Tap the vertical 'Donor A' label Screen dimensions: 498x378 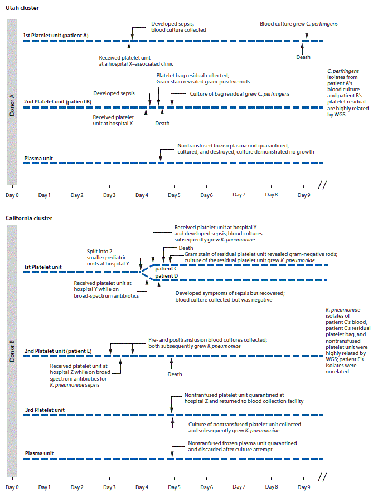click(x=12, y=102)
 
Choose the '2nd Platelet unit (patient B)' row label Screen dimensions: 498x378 click(x=57, y=102)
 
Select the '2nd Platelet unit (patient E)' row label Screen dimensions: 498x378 click(x=57, y=351)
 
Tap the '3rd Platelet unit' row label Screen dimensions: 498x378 click(x=45, y=410)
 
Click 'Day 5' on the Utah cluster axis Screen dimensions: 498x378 click(x=174, y=195)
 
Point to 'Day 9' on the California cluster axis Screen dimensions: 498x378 click(x=303, y=487)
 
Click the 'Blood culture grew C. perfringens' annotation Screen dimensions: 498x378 click(x=298, y=24)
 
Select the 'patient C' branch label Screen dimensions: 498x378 click(x=166, y=269)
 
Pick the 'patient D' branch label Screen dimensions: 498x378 click(x=166, y=276)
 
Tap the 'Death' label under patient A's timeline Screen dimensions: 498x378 click(x=303, y=57)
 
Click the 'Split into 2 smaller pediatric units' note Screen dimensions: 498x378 click(x=108, y=257)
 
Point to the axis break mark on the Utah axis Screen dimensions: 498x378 click(x=324, y=185)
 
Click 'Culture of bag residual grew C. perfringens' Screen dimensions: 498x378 click(x=240, y=94)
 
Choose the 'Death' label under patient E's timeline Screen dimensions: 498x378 click(x=175, y=374)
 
